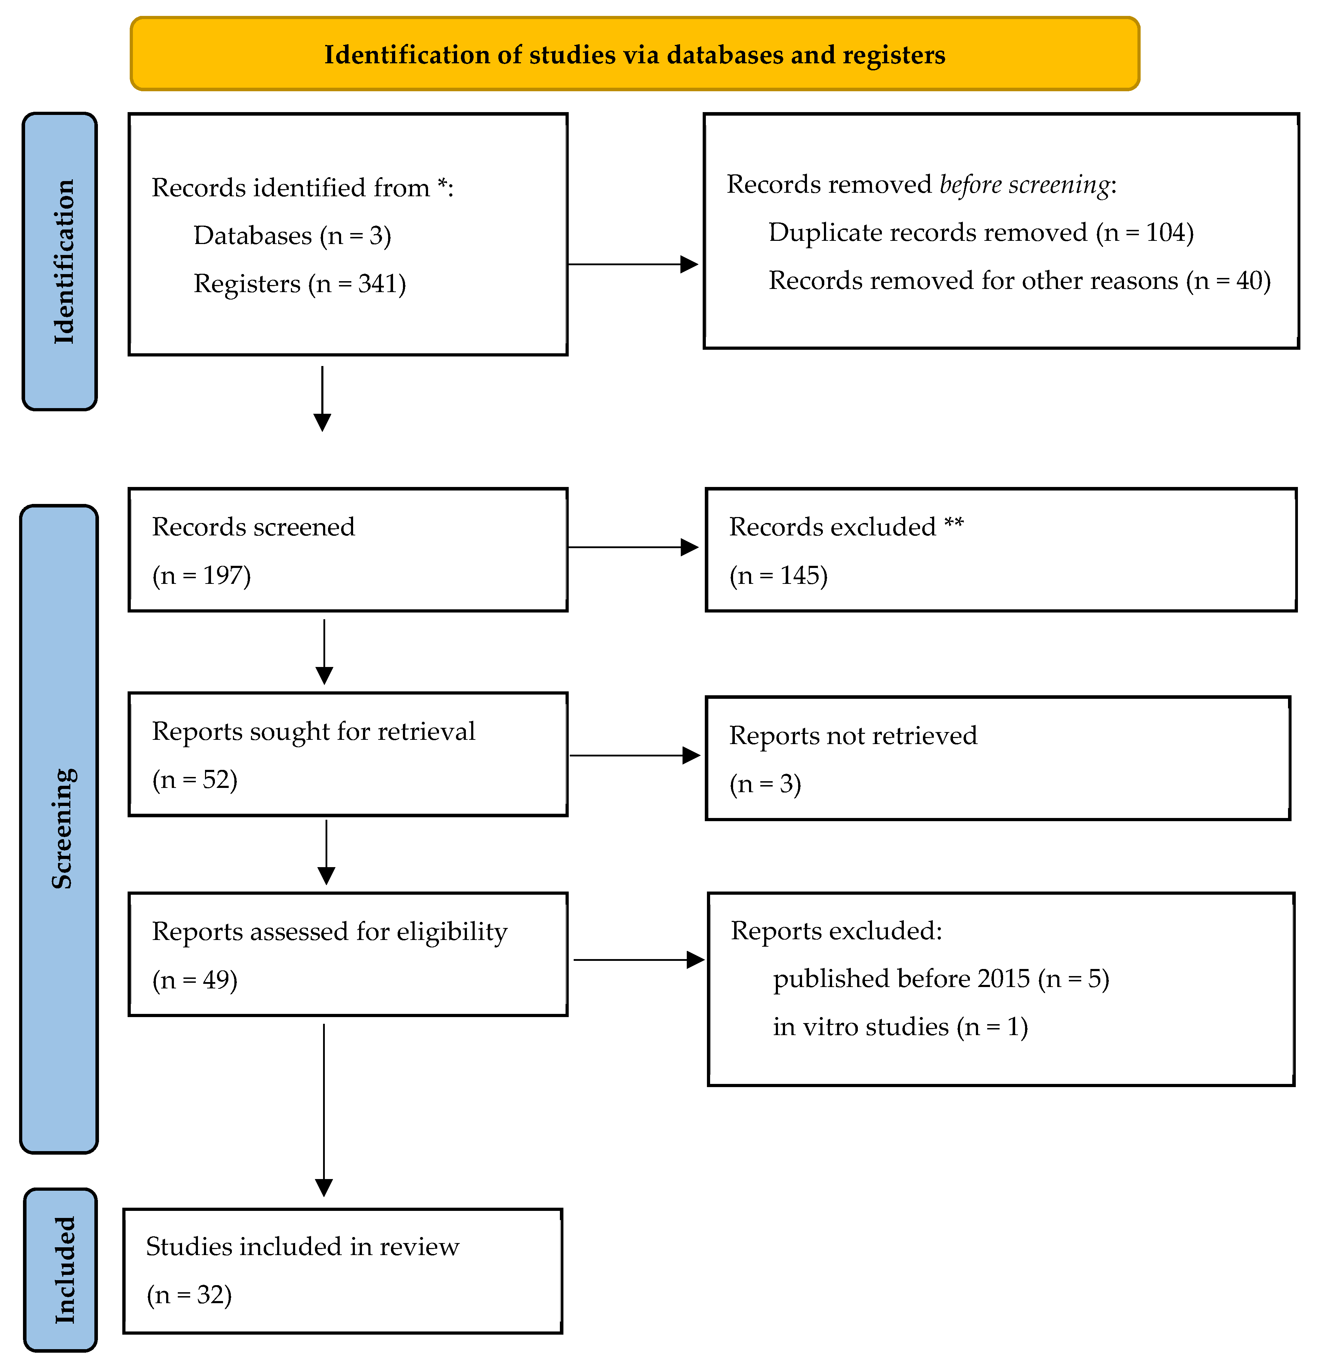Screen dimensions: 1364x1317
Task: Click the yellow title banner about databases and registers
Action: (x=634, y=54)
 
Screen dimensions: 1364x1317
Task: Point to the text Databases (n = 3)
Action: (x=292, y=236)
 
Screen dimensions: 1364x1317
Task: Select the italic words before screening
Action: (x=1024, y=184)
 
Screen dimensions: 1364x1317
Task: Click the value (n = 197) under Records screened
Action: (x=201, y=575)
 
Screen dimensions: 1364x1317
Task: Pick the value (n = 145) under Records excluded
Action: (x=779, y=575)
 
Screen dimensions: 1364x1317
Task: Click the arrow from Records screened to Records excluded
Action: (x=633, y=547)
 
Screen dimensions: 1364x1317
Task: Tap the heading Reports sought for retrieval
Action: (x=313, y=731)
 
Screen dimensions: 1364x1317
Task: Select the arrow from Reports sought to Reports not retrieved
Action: (x=634, y=755)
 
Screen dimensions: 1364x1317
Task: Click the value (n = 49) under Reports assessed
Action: (x=195, y=980)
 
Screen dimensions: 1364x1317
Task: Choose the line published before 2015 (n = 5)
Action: (x=941, y=979)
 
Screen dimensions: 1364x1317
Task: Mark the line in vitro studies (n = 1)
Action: (x=900, y=1027)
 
